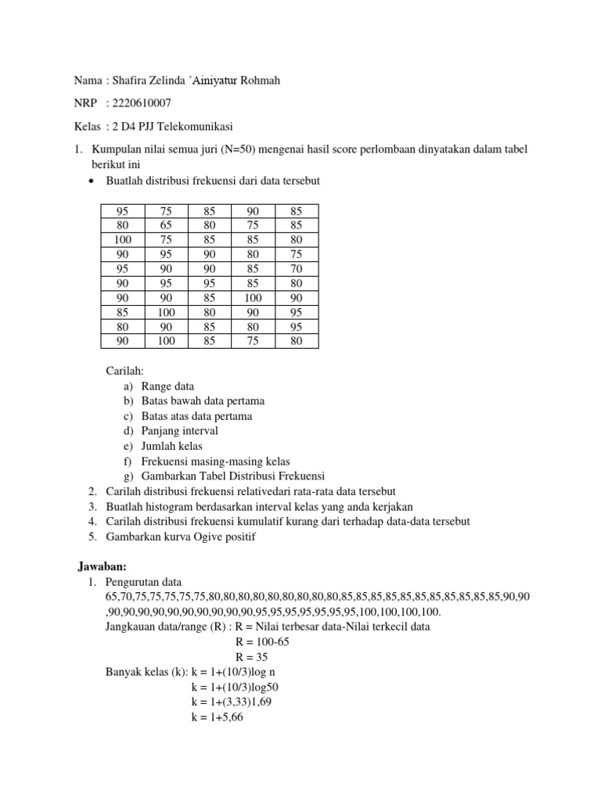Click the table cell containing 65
pos(167,224)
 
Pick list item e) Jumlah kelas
pos(165,446)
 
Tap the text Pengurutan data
pos(143,582)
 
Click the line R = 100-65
pos(262,641)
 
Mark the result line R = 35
pos(251,656)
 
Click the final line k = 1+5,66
pos(218,717)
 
